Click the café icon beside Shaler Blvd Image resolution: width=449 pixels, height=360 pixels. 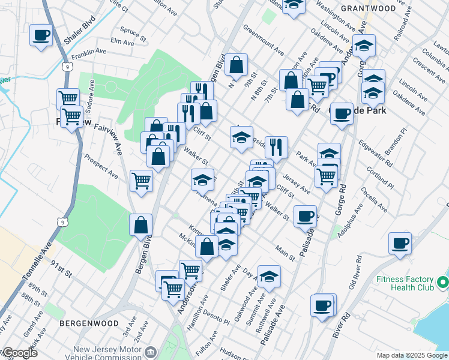pos(41,35)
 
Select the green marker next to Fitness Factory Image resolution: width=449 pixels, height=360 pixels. pos(443,281)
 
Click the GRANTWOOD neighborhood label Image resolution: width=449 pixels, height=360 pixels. pos(368,8)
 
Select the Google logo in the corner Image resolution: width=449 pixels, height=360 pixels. pos(19,353)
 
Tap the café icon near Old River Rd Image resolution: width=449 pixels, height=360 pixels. pos(399,244)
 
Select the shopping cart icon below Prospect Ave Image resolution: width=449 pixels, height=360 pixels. pos(141,179)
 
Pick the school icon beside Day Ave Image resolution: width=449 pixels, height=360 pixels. pos(270,277)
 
